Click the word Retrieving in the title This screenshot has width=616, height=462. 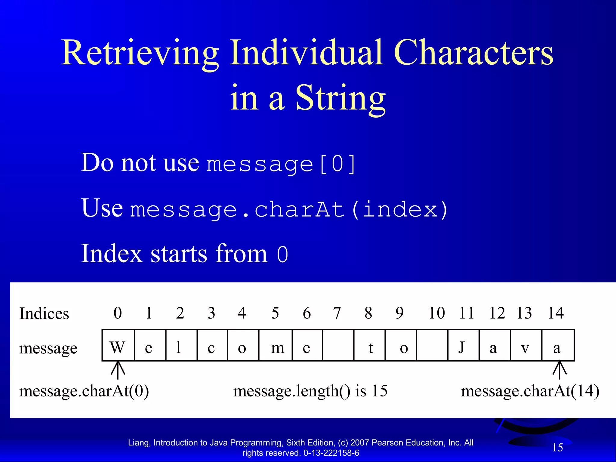point(140,54)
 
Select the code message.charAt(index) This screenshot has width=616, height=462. point(289,210)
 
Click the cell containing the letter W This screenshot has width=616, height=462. point(118,345)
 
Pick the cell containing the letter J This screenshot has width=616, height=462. point(463,345)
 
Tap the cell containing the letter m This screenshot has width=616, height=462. point(276,345)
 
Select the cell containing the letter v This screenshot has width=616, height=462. point(525,345)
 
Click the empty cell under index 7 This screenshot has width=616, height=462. point(338,345)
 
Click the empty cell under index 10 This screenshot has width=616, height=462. point(432,345)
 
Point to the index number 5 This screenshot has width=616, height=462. point(275,313)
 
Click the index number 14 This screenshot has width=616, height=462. point(555,313)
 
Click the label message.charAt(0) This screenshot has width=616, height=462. point(84,391)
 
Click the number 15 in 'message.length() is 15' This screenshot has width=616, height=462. point(380,391)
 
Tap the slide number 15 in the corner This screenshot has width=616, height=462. point(557,448)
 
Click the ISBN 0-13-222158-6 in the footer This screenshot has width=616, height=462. point(331,453)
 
